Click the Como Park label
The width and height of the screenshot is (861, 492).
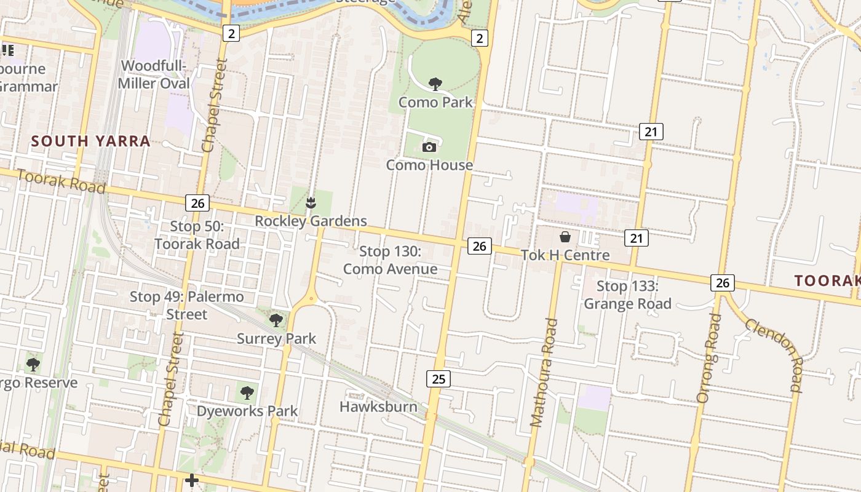[435, 102]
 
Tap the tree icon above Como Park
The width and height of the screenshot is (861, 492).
[435, 84]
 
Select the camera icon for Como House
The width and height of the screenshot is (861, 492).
[429, 147]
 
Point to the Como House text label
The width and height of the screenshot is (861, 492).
[429, 165]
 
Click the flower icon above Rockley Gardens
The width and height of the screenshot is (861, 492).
[311, 202]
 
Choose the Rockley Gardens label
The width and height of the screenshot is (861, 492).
[311, 221]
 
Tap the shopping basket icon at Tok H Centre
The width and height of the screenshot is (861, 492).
[565, 237]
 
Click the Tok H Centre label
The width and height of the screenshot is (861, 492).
[565, 255]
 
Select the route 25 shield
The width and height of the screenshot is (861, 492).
[438, 378]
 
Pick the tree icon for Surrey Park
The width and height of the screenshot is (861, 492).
[276, 320]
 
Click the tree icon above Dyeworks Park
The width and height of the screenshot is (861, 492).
[247, 392]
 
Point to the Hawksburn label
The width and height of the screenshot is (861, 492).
[378, 407]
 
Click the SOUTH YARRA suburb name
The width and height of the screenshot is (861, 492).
[90, 141]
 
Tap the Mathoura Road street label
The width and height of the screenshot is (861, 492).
[544, 373]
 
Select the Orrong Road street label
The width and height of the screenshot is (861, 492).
[710, 358]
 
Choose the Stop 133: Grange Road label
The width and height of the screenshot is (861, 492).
[627, 295]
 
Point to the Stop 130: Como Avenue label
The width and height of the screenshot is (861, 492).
[390, 260]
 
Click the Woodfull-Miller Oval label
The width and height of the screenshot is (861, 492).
[156, 74]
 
